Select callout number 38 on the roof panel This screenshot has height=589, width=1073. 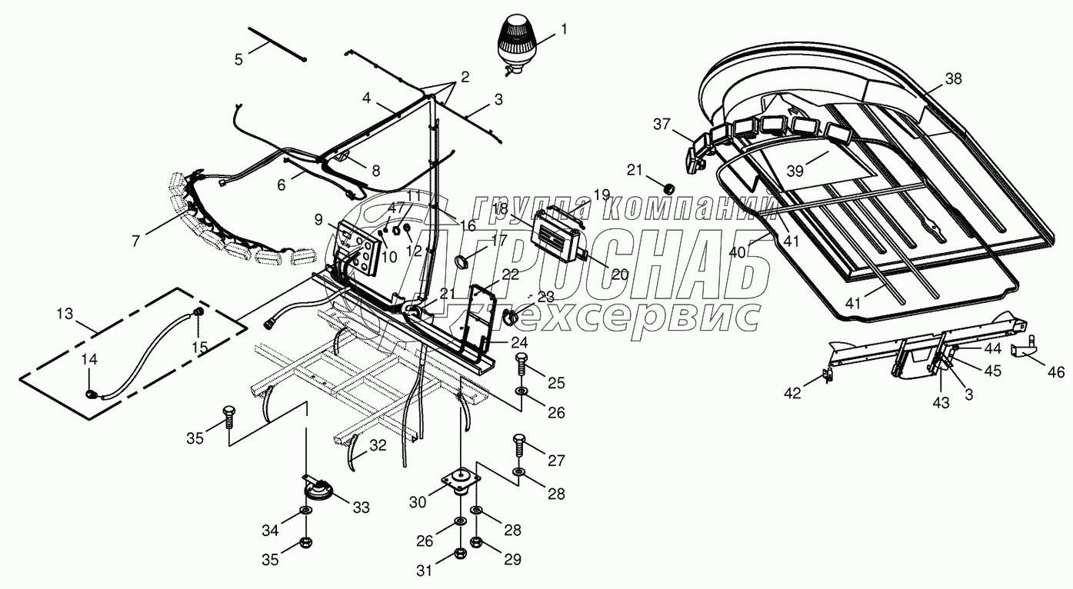[x=954, y=79]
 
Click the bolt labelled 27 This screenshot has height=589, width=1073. [x=518, y=444]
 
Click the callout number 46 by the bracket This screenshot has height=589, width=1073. [x=1056, y=372]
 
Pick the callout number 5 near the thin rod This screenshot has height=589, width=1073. [x=238, y=58]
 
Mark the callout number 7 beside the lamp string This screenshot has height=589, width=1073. [x=135, y=241]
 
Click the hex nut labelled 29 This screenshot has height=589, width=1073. [x=476, y=544]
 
